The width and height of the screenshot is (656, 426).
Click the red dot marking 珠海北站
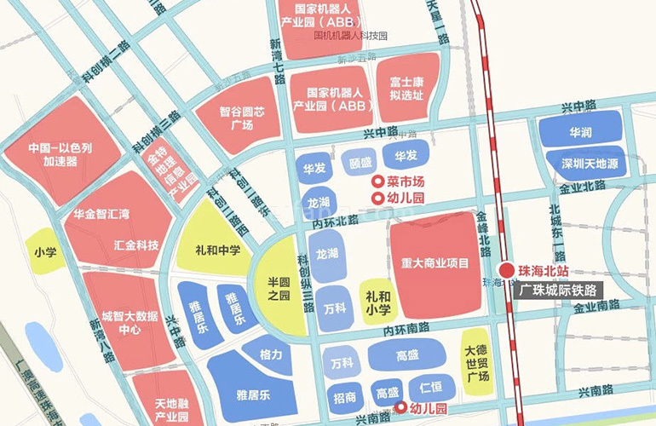505,269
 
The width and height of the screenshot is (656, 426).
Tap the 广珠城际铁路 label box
558,290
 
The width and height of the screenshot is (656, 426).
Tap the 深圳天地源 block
583,163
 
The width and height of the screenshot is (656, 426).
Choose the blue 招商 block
345,397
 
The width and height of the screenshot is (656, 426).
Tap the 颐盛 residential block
360,160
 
